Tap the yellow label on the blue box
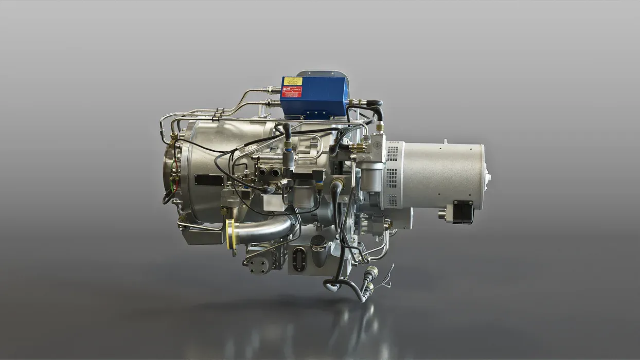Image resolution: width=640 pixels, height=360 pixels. pyautogui.click(x=293, y=81)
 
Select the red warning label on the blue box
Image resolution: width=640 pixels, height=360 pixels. pyautogui.click(x=291, y=92)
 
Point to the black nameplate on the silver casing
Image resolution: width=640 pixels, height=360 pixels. pyautogui.click(x=208, y=181)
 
